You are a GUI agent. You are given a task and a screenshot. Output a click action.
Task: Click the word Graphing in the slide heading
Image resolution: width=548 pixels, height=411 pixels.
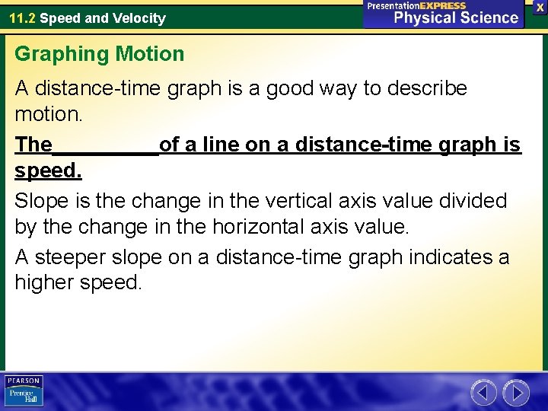tap(62, 55)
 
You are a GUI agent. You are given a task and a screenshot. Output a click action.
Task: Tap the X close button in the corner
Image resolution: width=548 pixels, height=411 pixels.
tap(540, 6)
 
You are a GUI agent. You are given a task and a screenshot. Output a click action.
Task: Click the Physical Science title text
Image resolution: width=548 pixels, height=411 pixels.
tap(455, 18)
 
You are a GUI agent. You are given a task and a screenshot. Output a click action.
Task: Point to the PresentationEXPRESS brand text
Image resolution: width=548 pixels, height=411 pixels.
tap(416, 5)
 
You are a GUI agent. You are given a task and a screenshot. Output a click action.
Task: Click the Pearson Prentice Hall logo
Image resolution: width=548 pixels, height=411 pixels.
tap(24, 391)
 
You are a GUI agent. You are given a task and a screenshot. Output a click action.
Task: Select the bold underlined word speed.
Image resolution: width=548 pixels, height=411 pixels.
tap(48, 172)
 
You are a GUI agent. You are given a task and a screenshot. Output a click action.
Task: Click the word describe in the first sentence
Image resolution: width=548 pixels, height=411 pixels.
tap(426, 88)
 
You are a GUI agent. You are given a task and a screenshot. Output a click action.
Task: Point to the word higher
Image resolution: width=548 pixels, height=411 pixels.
tap(47, 284)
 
